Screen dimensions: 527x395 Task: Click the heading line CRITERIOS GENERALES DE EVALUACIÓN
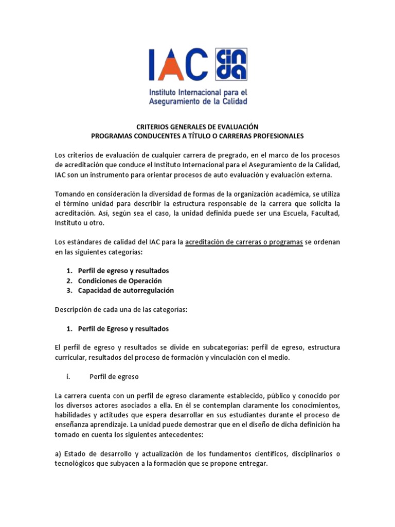[197, 127]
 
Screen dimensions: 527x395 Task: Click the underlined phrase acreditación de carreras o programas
[243, 242]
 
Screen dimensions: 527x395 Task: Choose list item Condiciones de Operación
[120, 280]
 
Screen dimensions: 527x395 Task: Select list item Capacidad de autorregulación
[126, 290]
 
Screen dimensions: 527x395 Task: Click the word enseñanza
[73, 425]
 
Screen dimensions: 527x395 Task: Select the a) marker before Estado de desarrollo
[58, 454]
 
